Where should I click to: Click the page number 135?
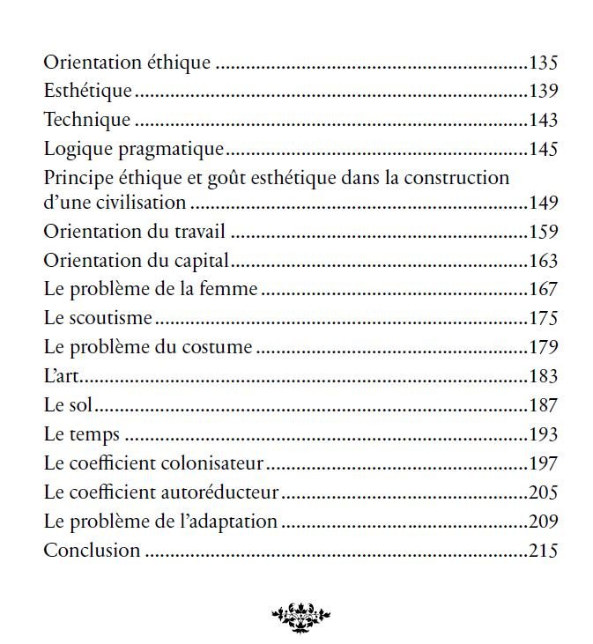pyautogui.click(x=544, y=63)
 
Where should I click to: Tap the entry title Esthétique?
pyautogui.click(x=88, y=91)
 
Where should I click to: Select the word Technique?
pyautogui.click(x=87, y=120)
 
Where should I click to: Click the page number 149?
pyautogui.click(x=544, y=204)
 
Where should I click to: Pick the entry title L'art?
pyautogui.click(x=61, y=376)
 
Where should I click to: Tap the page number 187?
pyautogui.click(x=544, y=405)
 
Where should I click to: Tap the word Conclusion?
pyautogui.click(x=92, y=551)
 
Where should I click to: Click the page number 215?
pyautogui.click(x=544, y=551)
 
